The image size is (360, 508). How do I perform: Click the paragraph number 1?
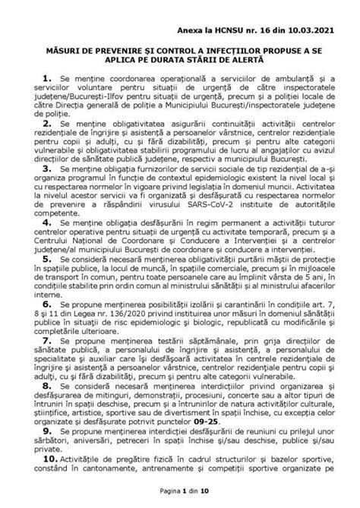47,78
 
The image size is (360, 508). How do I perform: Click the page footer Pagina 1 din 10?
180,492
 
